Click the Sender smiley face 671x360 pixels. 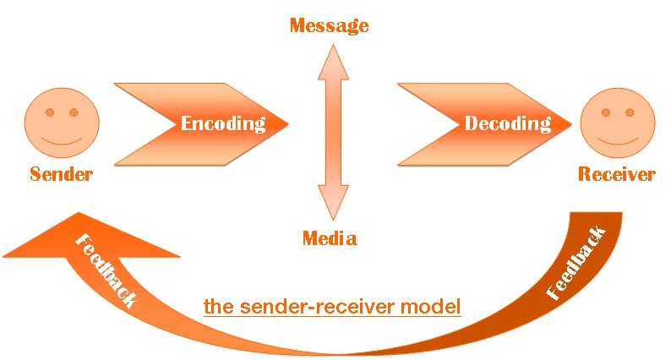click(x=61, y=123)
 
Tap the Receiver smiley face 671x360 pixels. click(x=616, y=123)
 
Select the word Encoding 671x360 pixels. click(x=223, y=123)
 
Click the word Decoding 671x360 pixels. click(x=508, y=123)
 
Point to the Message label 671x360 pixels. click(x=329, y=25)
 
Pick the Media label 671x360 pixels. click(x=330, y=238)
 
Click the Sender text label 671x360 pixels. click(x=61, y=175)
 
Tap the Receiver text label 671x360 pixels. click(x=616, y=175)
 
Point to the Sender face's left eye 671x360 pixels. click(x=50, y=112)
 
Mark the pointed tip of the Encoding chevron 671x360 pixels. click(x=286, y=123)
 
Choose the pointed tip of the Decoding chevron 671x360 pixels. click(x=571, y=123)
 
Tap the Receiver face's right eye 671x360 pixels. click(x=629, y=112)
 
